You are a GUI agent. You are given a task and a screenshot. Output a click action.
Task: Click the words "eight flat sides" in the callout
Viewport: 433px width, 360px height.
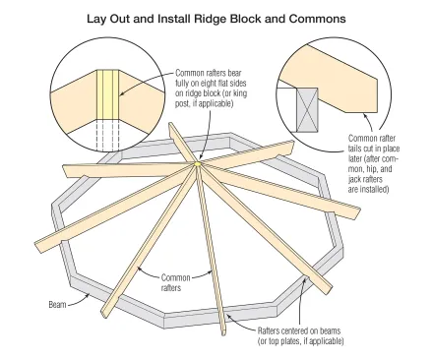225,83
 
